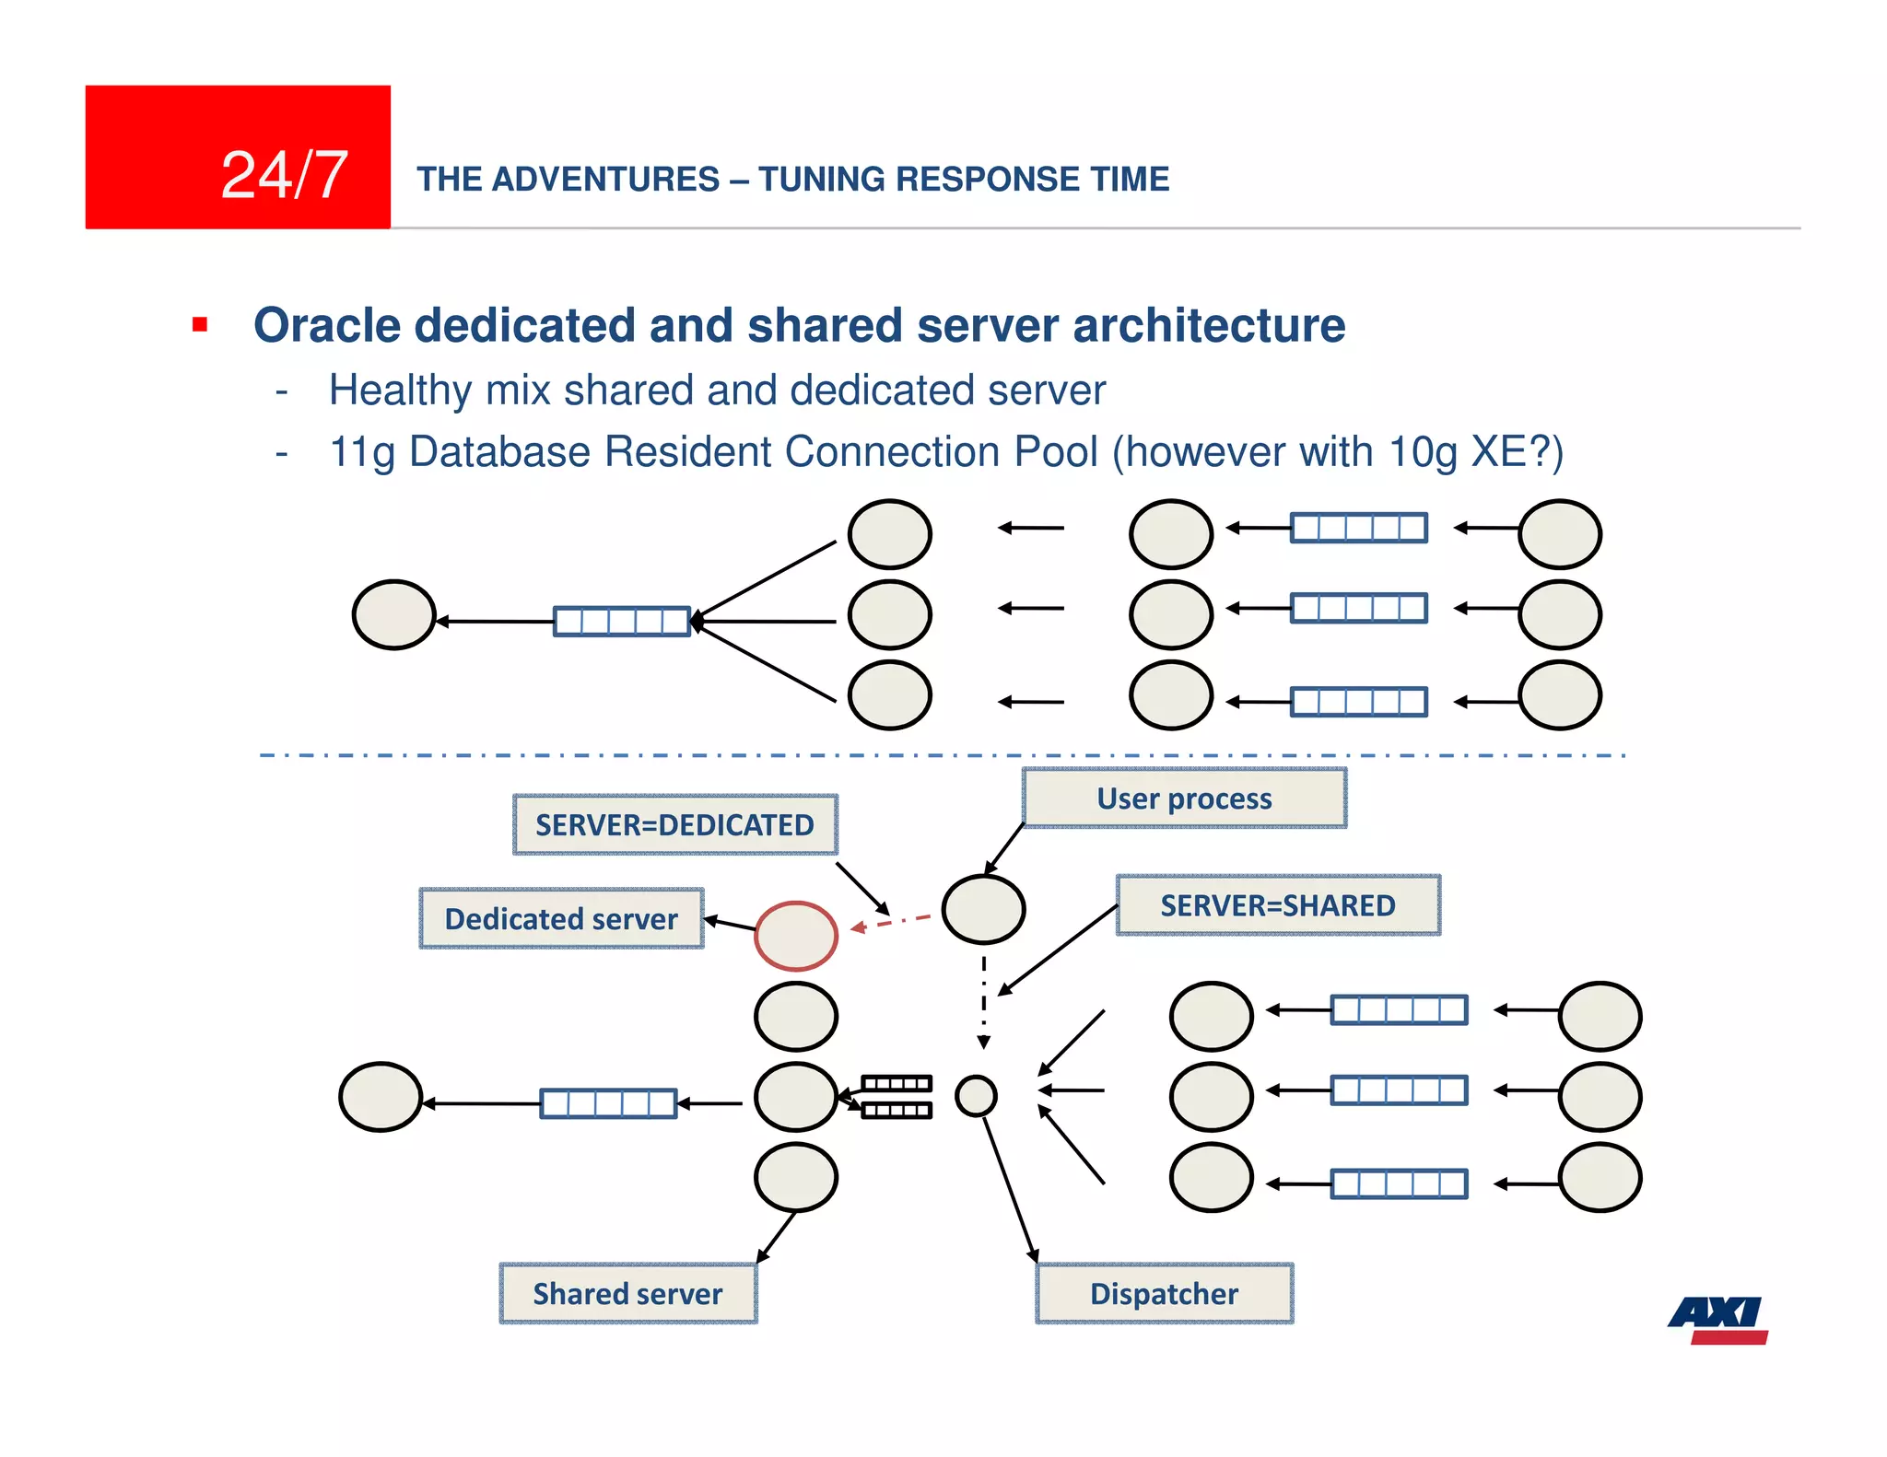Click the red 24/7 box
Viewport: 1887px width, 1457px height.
click(x=238, y=157)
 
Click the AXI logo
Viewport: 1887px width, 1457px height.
click(x=1718, y=1320)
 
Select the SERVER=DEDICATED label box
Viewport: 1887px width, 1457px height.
click(x=674, y=825)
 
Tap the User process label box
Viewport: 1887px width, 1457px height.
click(x=1184, y=798)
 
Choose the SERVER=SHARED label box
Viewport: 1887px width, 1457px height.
click(x=1278, y=905)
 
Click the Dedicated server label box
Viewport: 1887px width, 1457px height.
click(x=561, y=919)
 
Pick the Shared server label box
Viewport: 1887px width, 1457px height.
click(x=627, y=1294)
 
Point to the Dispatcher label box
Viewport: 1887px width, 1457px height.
click(x=1165, y=1294)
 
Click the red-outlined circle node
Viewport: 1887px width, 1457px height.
click(x=796, y=936)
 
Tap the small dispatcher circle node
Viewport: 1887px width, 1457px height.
click(x=976, y=1096)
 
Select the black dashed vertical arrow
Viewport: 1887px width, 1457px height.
click(x=984, y=1002)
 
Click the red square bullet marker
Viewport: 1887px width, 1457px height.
click(x=200, y=324)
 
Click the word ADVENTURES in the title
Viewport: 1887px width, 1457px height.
click(x=605, y=179)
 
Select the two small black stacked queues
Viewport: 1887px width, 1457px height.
click(x=897, y=1096)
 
